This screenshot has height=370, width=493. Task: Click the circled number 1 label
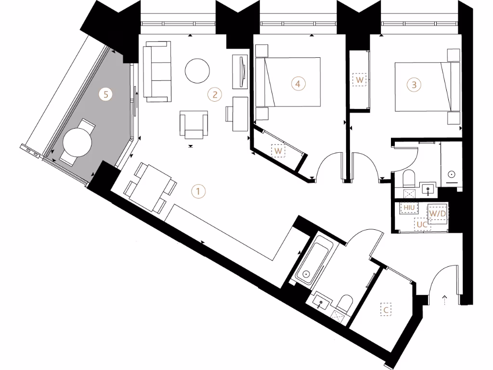[x=198, y=191]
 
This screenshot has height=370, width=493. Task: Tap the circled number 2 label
[x=214, y=94]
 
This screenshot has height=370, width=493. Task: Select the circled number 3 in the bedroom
[x=414, y=85]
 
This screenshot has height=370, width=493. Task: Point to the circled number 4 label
[x=298, y=84]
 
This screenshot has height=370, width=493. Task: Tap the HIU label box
[x=410, y=208]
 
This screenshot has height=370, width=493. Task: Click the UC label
[x=422, y=225]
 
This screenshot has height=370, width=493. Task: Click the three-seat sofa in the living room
[x=158, y=71]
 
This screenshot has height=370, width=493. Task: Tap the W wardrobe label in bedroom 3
[x=360, y=79]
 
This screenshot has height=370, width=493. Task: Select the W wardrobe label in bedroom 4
[x=278, y=151]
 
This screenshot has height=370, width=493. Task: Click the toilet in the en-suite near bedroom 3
[x=409, y=179]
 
